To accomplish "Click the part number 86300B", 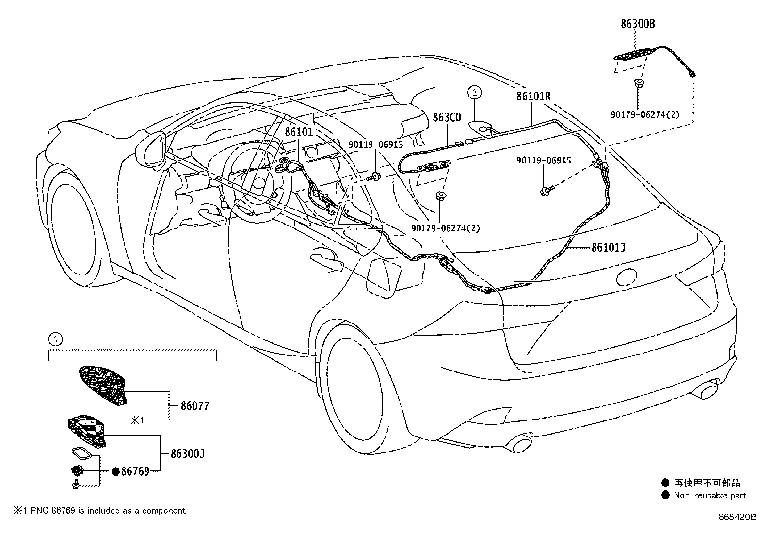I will tap(638, 24).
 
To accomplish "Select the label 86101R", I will tap(533, 97).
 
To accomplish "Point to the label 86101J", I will tap(608, 248).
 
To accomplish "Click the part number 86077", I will tap(194, 405).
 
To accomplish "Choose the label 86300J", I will tap(187, 454).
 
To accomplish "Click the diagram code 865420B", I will tap(737, 517).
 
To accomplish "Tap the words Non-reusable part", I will tap(709, 496).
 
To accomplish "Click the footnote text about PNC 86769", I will tap(99, 511).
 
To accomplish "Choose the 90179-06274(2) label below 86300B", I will tap(644, 115).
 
